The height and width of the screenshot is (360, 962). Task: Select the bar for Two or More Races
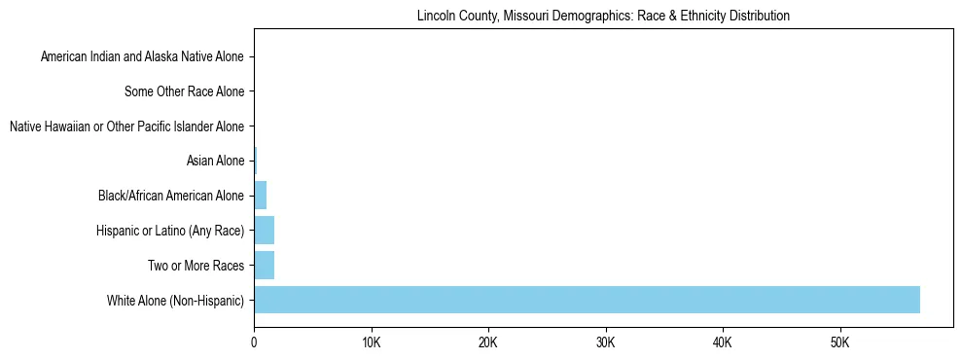tap(264, 265)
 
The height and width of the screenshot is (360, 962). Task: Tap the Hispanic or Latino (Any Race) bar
tap(264, 231)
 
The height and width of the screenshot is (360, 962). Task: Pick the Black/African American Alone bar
tap(260, 196)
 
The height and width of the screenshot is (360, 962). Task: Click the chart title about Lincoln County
tap(602, 17)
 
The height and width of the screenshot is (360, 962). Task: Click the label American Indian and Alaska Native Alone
tap(142, 57)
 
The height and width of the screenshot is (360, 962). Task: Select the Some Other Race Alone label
tap(185, 92)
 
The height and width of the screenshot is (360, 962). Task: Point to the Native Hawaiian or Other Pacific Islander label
tap(126, 126)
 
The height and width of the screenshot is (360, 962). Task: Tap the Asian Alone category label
tap(215, 162)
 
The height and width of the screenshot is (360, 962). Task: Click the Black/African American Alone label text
tap(171, 196)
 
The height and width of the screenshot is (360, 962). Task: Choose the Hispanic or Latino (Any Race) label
tap(170, 231)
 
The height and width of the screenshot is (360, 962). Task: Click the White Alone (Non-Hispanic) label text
tap(175, 300)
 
